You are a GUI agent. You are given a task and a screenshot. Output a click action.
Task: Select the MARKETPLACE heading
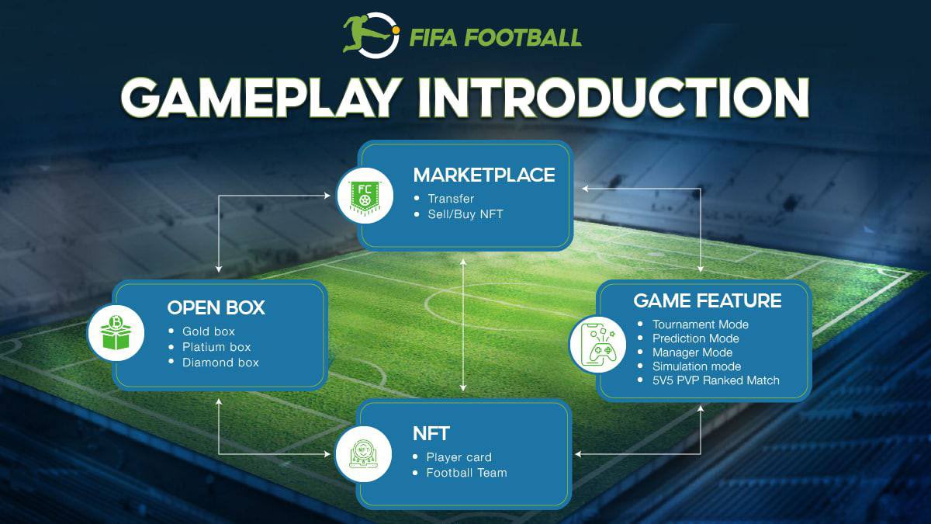coord(484,175)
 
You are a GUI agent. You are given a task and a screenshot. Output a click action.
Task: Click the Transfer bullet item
coord(451,199)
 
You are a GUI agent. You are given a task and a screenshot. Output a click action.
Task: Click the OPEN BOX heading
coord(216,307)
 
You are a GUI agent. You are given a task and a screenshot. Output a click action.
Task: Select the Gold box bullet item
coord(209,331)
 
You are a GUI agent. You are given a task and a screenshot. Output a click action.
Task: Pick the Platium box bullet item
coord(216,347)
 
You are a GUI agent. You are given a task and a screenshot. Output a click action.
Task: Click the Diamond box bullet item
coord(220,363)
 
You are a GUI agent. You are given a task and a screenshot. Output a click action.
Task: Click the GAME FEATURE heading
coord(708,300)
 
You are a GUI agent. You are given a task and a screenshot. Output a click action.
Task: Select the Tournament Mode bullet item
coord(701,324)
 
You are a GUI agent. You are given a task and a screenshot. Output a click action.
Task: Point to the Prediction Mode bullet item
coord(696,338)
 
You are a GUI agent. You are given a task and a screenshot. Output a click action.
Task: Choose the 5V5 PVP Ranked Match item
coord(716,380)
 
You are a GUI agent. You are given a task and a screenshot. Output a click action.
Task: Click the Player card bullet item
coord(459,457)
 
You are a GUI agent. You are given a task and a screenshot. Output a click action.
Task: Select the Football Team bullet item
coord(466,473)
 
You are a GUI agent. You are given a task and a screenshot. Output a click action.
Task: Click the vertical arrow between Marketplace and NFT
coord(463,326)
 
